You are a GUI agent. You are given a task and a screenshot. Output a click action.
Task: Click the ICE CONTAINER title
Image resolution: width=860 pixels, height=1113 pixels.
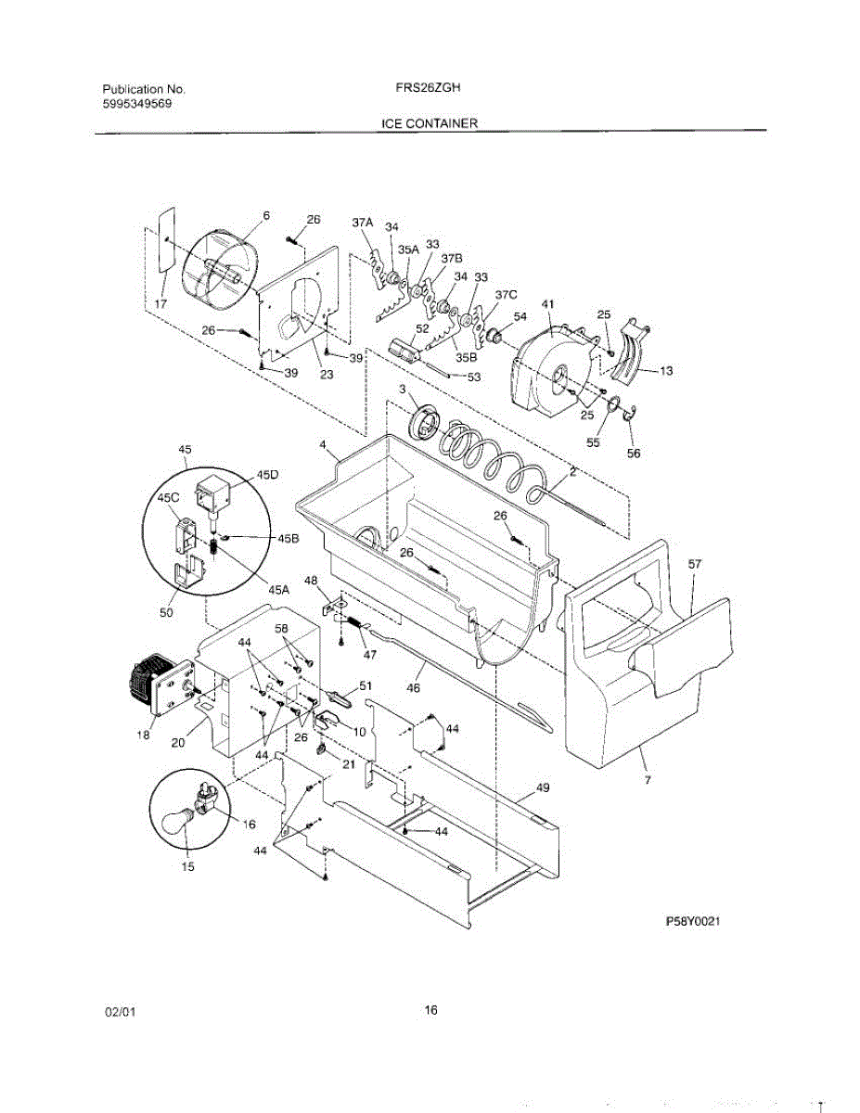[x=430, y=122]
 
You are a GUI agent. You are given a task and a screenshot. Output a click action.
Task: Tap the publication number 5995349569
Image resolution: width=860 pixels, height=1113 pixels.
[x=136, y=104]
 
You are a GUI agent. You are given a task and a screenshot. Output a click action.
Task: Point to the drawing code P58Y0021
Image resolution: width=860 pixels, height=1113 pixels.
[x=693, y=922]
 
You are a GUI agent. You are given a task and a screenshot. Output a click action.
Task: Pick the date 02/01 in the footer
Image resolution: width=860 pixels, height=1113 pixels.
[x=121, y=1013]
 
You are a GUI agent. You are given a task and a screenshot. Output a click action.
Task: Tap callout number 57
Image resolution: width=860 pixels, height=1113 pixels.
[x=696, y=563]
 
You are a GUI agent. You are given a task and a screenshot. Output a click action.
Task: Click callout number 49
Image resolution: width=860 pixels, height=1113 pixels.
[x=542, y=788]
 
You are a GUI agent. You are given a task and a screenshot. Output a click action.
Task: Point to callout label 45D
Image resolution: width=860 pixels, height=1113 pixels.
[x=268, y=474]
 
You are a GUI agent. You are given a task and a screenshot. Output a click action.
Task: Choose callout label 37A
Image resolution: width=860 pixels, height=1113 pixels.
[x=362, y=223]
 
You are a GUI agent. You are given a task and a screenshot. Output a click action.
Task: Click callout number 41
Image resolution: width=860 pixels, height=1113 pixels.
[x=547, y=304]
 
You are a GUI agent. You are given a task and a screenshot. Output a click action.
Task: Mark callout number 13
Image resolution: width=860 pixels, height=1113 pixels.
[x=665, y=370]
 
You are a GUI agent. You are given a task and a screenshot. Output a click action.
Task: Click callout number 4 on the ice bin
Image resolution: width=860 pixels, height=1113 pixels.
[x=323, y=446]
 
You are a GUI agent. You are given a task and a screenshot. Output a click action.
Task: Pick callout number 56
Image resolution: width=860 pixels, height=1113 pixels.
[x=634, y=454]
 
